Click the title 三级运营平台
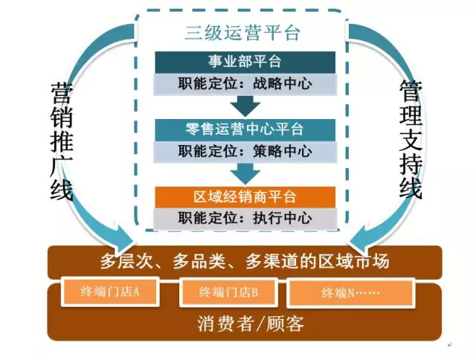click(242, 33)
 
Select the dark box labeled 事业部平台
click(245, 62)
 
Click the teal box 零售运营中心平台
click(245, 129)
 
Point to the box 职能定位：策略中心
click(245, 152)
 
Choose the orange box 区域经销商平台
click(245, 197)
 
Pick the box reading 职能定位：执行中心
click(245, 219)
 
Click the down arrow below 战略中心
click(245, 106)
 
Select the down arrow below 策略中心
click(245, 173)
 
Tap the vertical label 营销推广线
click(62, 141)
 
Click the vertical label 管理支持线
click(411, 140)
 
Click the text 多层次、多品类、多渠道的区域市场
click(245, 261)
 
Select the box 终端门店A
click(110, 292)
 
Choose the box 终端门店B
click(228, 292)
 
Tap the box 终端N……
click(350, 293)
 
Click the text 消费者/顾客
click(251, 324)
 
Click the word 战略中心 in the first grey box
click(283, 84)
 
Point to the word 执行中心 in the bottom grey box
click(283, 219)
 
